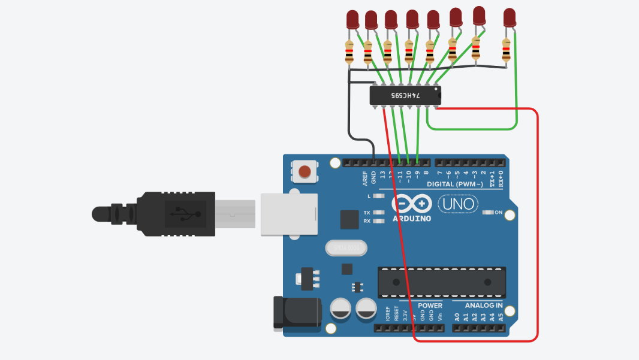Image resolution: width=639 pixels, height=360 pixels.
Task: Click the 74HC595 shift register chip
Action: pyautogui.click(x=405, y=95)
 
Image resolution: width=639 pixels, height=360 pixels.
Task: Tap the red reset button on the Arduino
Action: pyautogui.click(x=305, y=172)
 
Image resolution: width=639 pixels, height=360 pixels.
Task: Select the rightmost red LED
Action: pyautogui.click(x=510, y=17)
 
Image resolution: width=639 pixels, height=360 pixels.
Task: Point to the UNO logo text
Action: pyautogui.click(x=459, y=204)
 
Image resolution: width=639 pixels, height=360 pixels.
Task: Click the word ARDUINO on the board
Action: pyautogui.click(x=412, y=218)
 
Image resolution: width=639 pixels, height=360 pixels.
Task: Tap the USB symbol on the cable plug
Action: pyautogui.click(x=181, y=213)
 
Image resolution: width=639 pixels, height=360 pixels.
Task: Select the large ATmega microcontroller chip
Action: pyautogui.click(x=441, y=282)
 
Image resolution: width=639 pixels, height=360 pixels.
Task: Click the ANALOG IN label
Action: pyautogui.click(x=483, y=305)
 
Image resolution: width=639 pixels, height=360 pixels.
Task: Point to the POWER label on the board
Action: pyautogui.click(x=430, y=305)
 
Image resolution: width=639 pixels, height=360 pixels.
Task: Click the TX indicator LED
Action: pyautogui.click(x=378, y=213)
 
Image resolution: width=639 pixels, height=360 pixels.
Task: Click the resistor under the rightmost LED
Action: pyautogui.click(x=507, y=50)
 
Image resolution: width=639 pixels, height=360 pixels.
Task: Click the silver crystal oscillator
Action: pyautogui.click(x=345, y=247)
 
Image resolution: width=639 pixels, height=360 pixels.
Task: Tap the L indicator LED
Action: pyautogui.click(x=378, y=196)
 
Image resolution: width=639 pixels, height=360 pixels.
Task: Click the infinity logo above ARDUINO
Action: pyautogui.click(x=412, y=204)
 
